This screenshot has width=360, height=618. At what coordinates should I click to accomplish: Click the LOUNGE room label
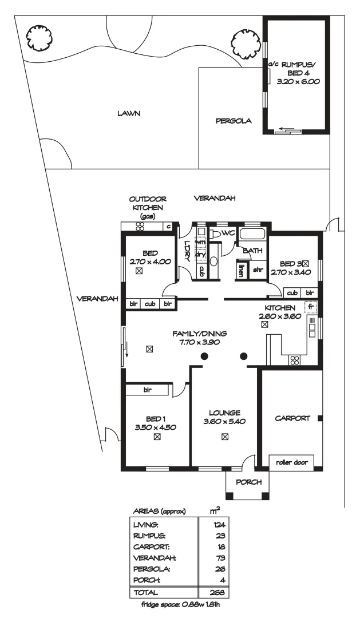coord(224,412)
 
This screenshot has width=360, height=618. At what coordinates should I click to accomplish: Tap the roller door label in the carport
coord(291,462)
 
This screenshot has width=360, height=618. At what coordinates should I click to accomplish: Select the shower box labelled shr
coord(258,270)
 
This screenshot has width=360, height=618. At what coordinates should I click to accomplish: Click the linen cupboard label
coord(241,270)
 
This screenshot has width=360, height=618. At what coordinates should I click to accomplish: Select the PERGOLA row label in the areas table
coord(151,569)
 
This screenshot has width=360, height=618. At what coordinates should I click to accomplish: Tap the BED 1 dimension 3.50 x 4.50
coord(156,427)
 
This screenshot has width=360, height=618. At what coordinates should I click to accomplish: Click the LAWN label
coord(129,113)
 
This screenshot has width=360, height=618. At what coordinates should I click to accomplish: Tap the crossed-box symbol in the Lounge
coord(225,437)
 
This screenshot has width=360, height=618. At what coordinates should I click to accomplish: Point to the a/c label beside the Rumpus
coord(273,65)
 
